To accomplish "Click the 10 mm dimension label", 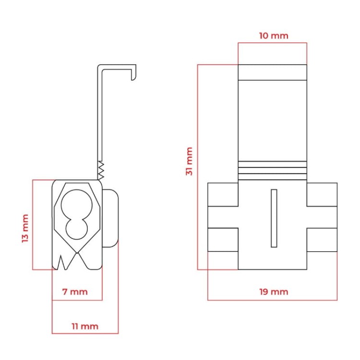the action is (274, 36).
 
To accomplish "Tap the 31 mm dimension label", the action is (189, 161).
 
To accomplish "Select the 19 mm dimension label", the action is (274, 292).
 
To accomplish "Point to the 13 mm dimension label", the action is (25, 228).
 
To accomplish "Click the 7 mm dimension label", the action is (75, 292).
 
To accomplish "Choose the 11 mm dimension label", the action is (85, 326).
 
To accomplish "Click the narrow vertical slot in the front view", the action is (274, 218).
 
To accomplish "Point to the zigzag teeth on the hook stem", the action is (101, 170).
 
